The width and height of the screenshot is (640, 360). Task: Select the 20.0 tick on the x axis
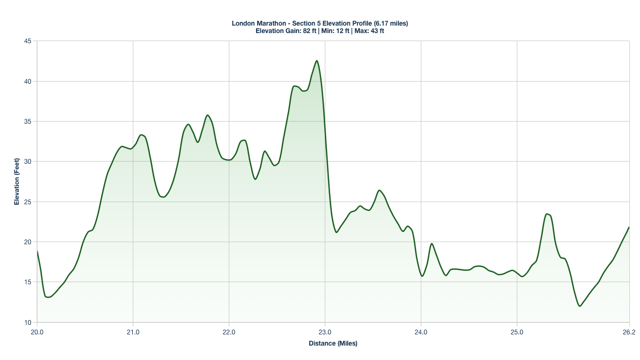pos(37,332)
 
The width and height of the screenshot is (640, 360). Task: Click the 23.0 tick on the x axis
pos(325,332)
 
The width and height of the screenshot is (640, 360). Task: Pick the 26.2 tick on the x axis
pos(629,332)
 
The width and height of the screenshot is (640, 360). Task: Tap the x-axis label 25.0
pos(517,332)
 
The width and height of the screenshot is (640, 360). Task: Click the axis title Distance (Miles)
pos(333,343)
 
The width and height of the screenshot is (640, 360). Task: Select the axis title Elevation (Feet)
pos(17,181)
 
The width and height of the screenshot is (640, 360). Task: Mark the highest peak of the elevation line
pos(317,61)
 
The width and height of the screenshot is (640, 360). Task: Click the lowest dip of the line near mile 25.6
pos(580,306)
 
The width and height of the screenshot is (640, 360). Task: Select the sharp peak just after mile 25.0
pos(547,214)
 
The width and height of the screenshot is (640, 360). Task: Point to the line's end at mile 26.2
pos(629,227)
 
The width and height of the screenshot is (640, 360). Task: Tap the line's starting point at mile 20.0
pos(37,251)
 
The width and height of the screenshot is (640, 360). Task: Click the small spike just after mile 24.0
pos(431,244)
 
